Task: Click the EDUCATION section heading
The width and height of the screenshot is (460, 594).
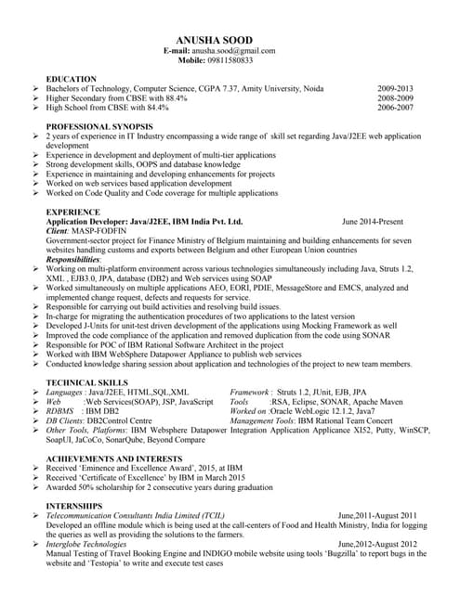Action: tap(71, 79)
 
